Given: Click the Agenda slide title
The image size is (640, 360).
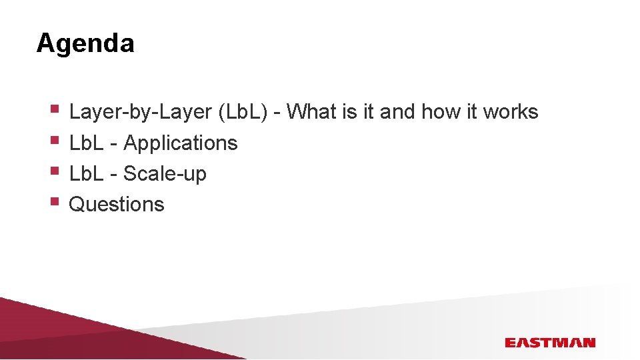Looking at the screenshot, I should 85,43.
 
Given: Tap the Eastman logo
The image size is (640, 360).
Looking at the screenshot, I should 549,343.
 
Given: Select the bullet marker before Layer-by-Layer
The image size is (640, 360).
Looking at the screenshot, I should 55,107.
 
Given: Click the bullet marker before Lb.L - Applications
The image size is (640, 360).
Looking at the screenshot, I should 55,139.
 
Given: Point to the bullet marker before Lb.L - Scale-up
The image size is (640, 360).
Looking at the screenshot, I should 55,169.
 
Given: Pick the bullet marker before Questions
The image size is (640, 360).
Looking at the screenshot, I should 55,200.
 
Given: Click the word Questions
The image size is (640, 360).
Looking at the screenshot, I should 117,204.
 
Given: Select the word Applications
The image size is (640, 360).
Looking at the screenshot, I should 181,143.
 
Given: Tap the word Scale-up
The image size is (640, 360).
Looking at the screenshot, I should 165,174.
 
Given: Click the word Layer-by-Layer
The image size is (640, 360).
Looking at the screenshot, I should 140,112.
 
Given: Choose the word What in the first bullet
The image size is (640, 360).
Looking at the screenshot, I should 312,111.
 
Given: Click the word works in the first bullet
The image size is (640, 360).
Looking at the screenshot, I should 511,111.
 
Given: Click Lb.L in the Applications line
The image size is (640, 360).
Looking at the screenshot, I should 85,143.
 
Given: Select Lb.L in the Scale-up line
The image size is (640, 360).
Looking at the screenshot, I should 85,173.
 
